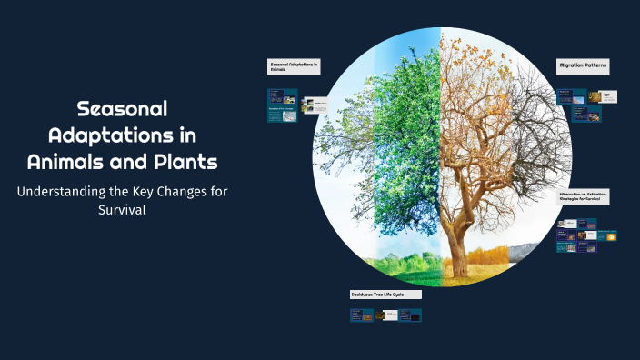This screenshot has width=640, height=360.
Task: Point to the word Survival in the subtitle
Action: pyautogui.click(x=123, y=211)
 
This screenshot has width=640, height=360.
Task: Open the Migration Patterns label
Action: pyautogui.click(x=583, y=67)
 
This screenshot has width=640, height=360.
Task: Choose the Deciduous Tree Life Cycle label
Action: pyautogui.click(x=385, y=295)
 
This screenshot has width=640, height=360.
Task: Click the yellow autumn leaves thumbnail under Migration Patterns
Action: pyautogui.click(x=595, y=96)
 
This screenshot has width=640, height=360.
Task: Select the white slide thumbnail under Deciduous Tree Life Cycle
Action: pyautogui.click(x=388, y=315)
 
